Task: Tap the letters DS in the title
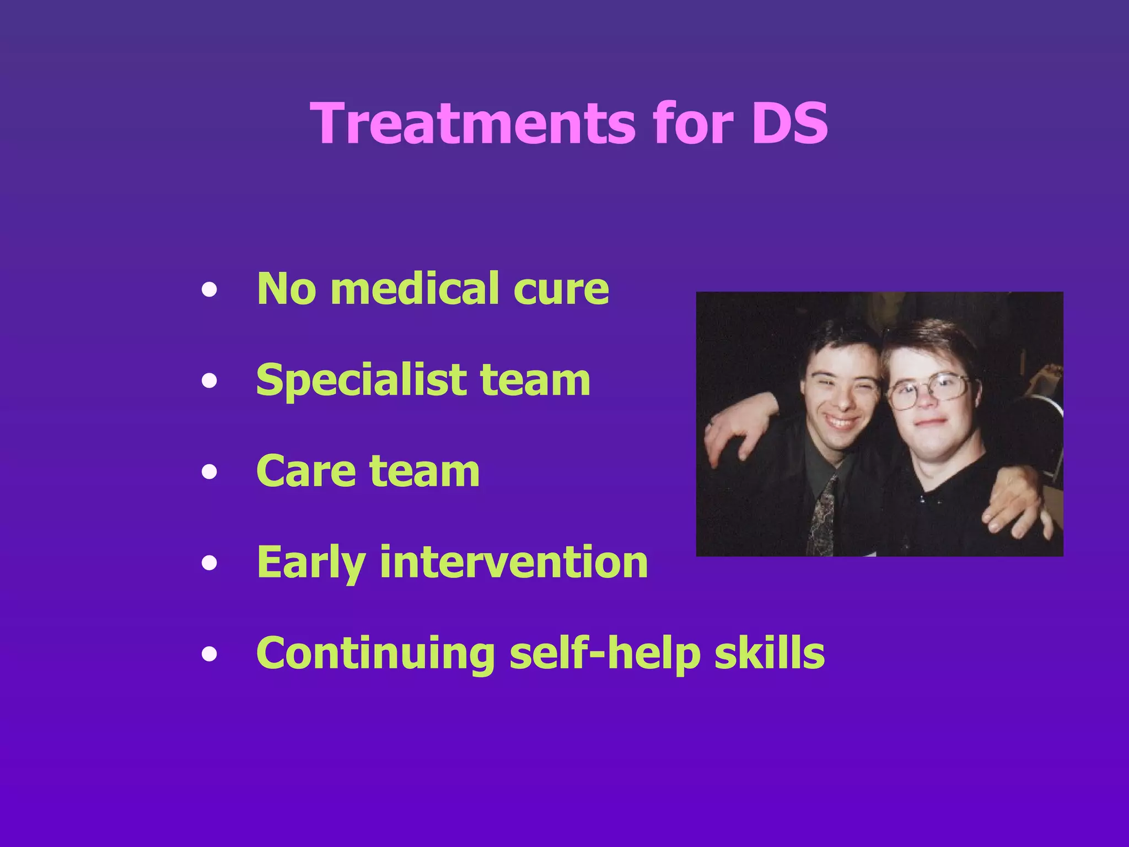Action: pos(789,124)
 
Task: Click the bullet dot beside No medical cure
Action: pos(209,289)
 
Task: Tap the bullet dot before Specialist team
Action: pos(209,380)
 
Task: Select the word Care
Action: pos(306,471)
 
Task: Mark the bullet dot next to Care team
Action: pos(209,471)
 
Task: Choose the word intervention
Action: pos(514,562)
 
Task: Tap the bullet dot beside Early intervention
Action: pos(209,563)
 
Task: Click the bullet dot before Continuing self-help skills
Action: pos(209,654)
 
